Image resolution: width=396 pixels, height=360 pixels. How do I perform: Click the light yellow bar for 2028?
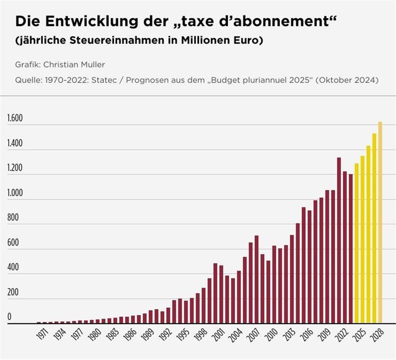point(380,222)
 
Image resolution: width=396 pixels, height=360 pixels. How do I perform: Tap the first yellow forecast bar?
point(357,243)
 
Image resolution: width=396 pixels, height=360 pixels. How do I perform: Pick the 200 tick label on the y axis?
point(13,292)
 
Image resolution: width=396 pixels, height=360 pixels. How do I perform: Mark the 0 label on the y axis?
point(9,317)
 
